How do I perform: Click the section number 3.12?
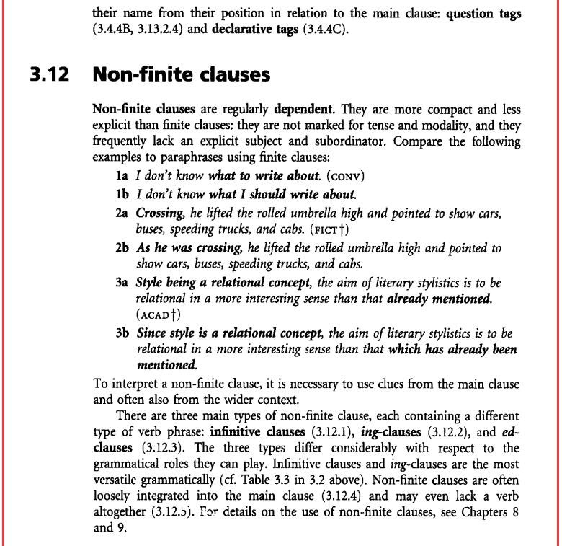pos(50,74)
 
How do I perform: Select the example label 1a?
pos(122,175)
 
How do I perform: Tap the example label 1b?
pos(122,194)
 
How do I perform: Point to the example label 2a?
pos(122,213)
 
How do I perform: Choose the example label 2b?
pos(122,248)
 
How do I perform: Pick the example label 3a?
pos(122,283)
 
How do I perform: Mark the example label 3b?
pos(122,333)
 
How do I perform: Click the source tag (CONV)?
pos(345,176)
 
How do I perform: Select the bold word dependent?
pos(303,110)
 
